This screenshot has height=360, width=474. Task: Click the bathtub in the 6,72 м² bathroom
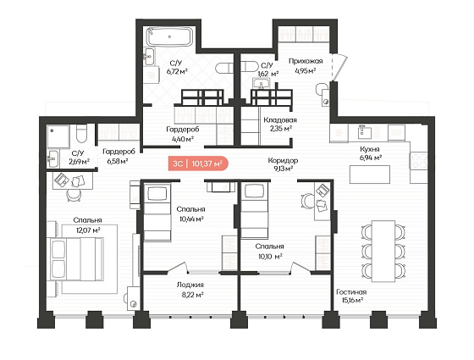pyautogui.click(x=169, y=36)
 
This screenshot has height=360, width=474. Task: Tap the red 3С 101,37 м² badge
pyautogui.click(x=198, y=163)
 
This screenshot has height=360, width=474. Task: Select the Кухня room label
pyautogui.click(x=369, y=149)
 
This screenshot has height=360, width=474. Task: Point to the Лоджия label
pyautogui.click(x=190, y=285)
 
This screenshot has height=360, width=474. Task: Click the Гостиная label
pyautogui.click(x=351, y=292)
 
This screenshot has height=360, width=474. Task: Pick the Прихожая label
pyautogui.click(x=306, y=61)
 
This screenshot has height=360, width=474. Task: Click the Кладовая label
pyautogui.click(x=280, y=120)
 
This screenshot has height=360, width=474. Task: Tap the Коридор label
pyautogui.click(x=283, y=160)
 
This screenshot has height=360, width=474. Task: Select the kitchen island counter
pyautogui.click(x=370, y=174)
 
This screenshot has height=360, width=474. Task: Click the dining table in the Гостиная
pyautogui.click(x=383, y=251)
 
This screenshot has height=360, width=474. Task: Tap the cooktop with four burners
pyautogui.click(x=419, y=160)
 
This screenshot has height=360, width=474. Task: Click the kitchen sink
pyautogui.click(x=363, y=132)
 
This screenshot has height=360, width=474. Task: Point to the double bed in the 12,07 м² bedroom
pyautogui.click(x=75, y=259)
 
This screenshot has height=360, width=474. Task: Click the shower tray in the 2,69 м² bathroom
pyautogui.click(x=58, y=136)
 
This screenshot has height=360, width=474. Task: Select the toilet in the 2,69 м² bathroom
pyautogui.click(x=81, y=134)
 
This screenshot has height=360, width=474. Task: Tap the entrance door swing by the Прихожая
pyautogui.click(x=339, y=67)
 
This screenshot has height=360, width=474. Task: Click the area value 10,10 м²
pyautogui.click(x=270, y=257)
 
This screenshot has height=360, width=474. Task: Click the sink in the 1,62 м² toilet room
pyautogui.click(x=261, y=83)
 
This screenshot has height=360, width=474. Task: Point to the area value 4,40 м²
pyautogui.click(x=183, y=139)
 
